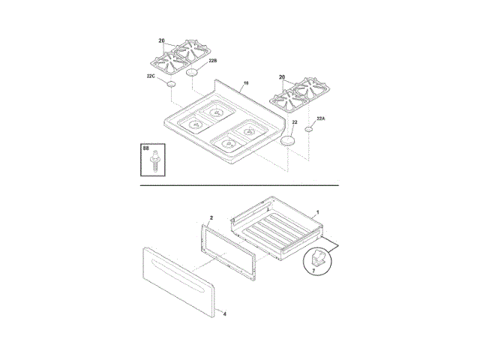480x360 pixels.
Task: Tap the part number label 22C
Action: coord(151,76)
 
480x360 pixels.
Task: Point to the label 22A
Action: coord(321,118)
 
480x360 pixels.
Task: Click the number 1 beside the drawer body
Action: coord(317,213)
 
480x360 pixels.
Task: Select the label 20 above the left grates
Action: coord(161,40)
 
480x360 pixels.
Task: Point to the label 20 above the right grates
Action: coord(282,76)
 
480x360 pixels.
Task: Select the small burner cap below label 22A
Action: coord(308,130)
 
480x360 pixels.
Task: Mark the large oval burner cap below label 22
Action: coord(289,141)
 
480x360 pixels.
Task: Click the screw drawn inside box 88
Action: coord(154,163)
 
